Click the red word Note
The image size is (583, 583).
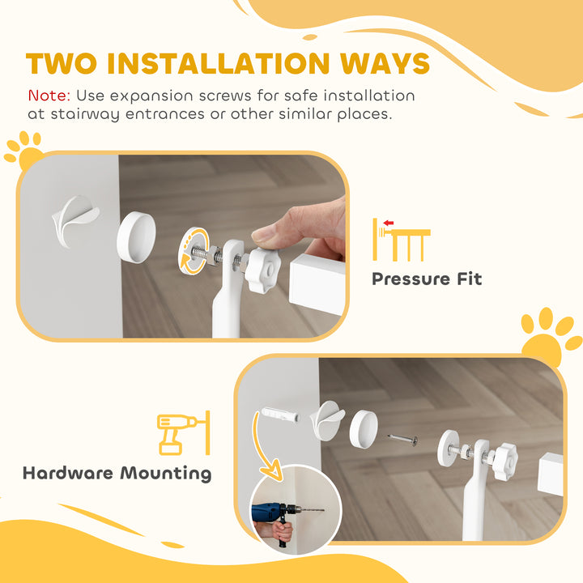click(49, 96)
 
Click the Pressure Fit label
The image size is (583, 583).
click(427, 279)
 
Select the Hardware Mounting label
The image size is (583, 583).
click(117, 473)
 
